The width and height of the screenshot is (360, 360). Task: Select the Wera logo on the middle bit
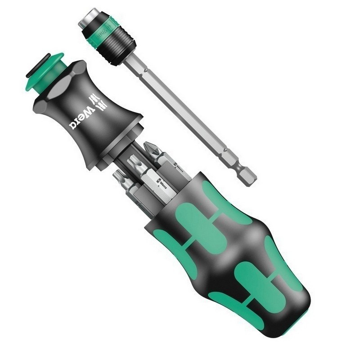pyautogui.click(x=160, y=182)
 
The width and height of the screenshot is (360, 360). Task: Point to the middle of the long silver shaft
pyautogui.click(x=180, y=112)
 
